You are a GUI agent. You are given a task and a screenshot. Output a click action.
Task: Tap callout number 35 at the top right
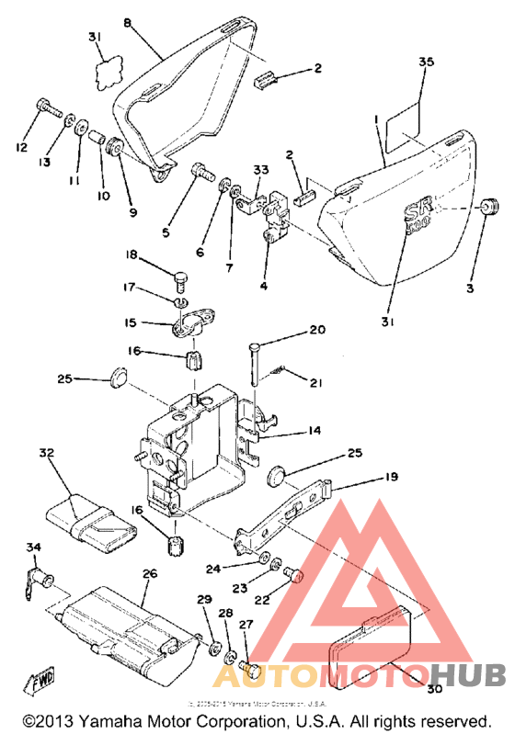(425, 63)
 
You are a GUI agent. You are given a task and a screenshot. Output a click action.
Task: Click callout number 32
(47, 453)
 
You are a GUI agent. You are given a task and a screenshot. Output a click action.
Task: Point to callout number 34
(33, 548)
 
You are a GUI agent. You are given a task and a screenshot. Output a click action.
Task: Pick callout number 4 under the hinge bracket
(264, 287)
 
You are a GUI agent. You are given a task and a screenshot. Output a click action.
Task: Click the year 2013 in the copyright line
(57, 722)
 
